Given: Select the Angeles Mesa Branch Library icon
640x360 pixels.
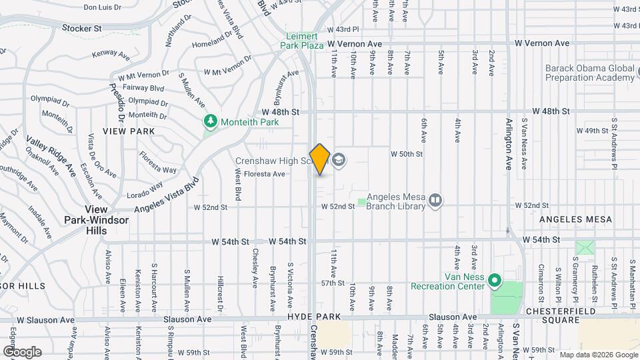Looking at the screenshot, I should pyautogui.click(x=435, y=199).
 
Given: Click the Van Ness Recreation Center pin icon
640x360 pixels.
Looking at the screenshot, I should pyautogui.click(x=494, y=281).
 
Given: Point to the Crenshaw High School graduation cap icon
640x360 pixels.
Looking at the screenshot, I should pyautogui.click(x=339, y=159).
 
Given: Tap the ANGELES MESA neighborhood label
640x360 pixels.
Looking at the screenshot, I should pyautogui.click(x=571, y=219).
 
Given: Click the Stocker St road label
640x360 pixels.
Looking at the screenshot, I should pyautogui.click(x=81, y=29).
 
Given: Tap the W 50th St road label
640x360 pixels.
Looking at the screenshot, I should pyautogui.click(x=407, y=155).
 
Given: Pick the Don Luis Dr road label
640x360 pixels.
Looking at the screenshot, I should pyautogui.click(x=102, y=7).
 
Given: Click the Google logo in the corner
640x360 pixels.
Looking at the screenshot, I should pyautogui.click(x=22, y=351).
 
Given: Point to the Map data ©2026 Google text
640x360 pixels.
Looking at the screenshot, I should pyautogui.click(x=597, y=355).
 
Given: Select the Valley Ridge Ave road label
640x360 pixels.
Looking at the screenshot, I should pyautogui.click(x=51, y=157).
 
